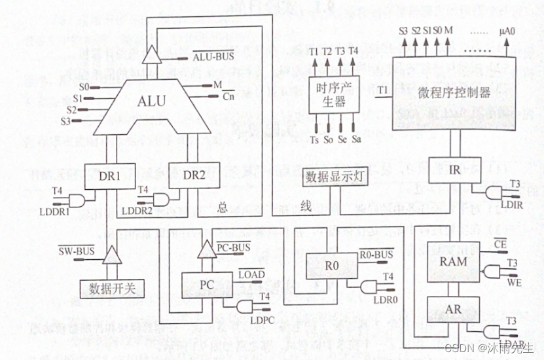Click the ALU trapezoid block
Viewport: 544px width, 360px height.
pyautogui.click(x=151, y=101)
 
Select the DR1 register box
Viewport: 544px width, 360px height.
pyautogui.click(x=110, y=175)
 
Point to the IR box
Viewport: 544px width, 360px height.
pyautogui.click(x=454, y=170)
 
